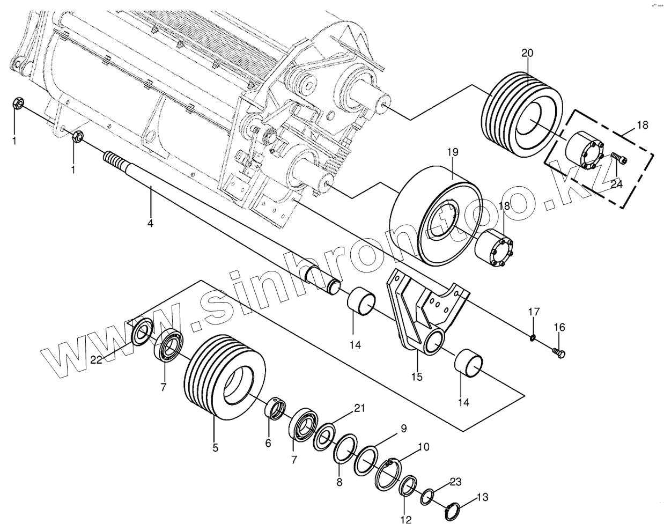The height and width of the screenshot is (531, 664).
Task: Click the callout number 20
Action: [x=527, y=53]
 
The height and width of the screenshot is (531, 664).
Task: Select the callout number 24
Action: [x=616, y=183]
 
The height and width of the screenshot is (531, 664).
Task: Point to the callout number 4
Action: [x=150, y=223]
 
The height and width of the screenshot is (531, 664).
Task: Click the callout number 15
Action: [x=417, y=377]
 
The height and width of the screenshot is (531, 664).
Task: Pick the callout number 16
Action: [x=559, y=327]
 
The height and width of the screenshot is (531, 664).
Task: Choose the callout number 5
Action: [x=215, y=447]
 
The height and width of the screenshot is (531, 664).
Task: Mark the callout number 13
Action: [x=482, y=497]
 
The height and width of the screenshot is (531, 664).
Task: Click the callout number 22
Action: [x=96, y=360]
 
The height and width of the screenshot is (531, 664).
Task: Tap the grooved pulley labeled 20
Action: [x=523, y=113]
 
